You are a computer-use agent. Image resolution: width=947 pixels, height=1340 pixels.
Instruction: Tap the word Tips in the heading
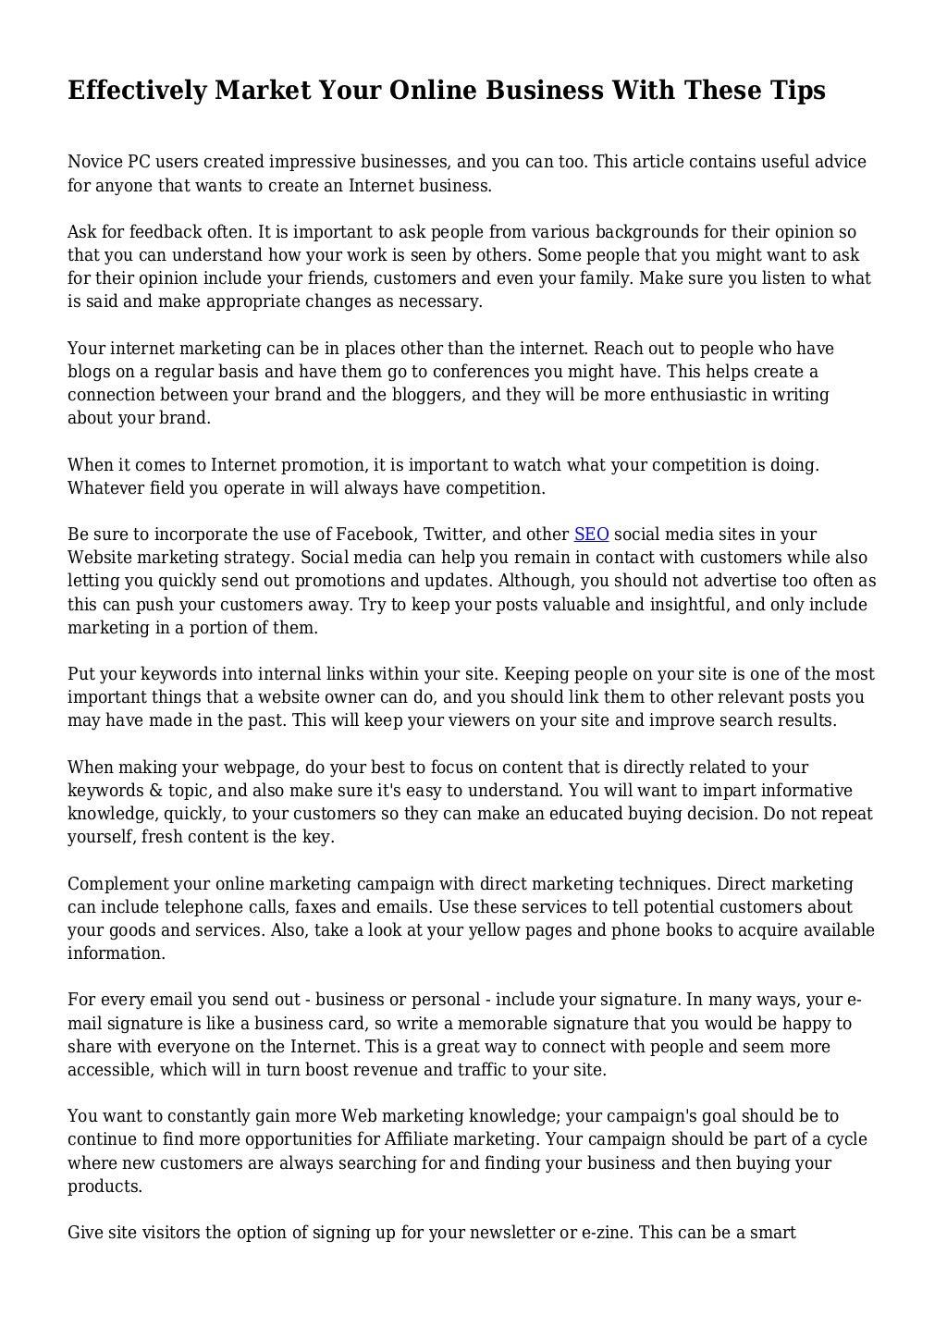pos(792,91)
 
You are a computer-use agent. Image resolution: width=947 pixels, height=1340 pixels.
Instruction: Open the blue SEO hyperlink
pos(591,535)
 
